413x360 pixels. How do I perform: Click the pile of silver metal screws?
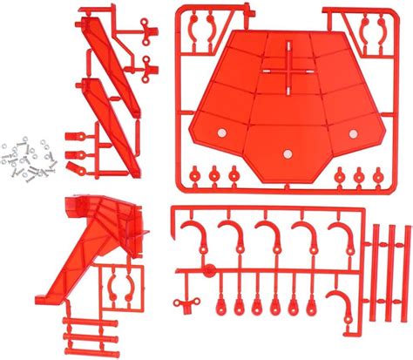point(26,161)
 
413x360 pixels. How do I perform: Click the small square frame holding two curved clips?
point(120,287)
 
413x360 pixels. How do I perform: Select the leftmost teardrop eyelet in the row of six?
point(215,305)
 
